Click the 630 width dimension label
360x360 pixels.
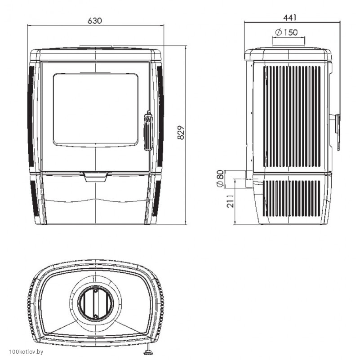94,21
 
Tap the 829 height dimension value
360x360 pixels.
181,133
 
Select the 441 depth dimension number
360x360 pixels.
290,18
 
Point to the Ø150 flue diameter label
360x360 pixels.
286,32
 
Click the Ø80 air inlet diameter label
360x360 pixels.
220,178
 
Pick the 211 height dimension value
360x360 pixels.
230,201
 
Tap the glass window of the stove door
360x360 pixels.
96,110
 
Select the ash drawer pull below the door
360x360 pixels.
95,177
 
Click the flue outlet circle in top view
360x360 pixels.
96,303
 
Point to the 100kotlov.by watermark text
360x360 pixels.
26,351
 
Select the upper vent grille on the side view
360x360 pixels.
292,116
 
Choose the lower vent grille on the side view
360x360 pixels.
291,199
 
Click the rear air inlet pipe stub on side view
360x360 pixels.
249,179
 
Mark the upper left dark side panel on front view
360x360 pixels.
31,116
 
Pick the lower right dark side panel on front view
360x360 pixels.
157,198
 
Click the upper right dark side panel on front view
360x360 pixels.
160,116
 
